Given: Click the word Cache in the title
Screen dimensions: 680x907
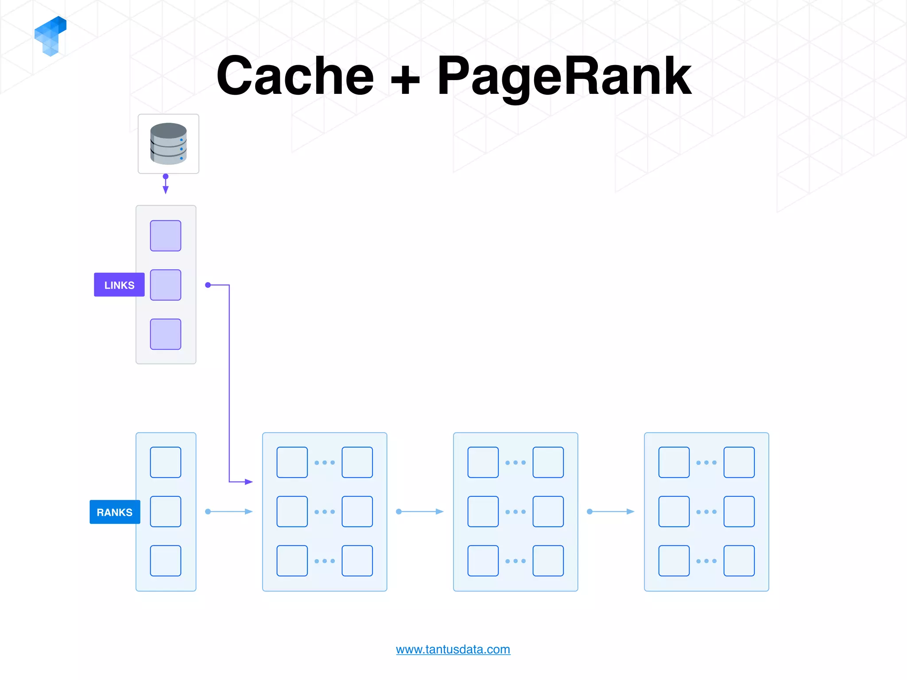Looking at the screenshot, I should (295, 76).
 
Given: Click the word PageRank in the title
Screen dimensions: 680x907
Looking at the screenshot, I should (564, 76).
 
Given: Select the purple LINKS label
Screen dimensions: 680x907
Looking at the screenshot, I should (119, 285).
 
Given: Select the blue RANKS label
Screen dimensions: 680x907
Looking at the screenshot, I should (115, 512).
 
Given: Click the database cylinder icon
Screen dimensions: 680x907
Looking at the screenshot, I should (168, 144).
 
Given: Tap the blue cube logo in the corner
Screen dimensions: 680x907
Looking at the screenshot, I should (50, 36).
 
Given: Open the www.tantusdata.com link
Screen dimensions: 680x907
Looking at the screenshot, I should (453, 649).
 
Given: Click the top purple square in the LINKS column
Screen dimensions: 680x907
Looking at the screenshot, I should (166, 236).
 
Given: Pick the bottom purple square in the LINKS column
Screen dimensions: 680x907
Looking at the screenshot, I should (166, 334).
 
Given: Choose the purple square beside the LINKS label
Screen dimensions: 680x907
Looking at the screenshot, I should (166, 285).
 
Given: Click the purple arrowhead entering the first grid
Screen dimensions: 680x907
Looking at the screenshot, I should (248, 482).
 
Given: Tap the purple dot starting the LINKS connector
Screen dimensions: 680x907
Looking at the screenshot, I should (208, 285).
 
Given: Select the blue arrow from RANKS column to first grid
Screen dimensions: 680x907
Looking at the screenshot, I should (229, 512).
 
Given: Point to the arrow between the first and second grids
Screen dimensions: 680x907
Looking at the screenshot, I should (420, 512).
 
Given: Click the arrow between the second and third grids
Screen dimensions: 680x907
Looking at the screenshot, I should (611, 512).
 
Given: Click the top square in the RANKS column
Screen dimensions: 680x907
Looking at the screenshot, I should (166, 463).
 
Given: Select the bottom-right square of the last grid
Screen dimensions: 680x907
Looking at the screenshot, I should (739, 561).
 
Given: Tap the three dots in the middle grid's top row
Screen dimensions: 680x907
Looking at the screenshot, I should (516, 463).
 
